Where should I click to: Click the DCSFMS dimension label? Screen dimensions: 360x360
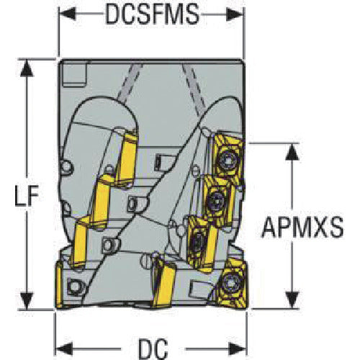(153, 14)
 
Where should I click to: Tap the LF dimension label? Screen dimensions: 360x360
(27, 196)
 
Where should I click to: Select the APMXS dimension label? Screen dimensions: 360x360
(302, 227)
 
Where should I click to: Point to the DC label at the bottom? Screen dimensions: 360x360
(153, 348)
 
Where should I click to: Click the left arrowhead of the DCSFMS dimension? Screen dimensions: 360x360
(68, 14)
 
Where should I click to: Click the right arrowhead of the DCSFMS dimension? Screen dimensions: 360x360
(235, 14)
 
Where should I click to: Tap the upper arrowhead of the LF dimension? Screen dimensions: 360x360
(27, 68)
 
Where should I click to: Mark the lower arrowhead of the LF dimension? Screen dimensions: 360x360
(27, 300)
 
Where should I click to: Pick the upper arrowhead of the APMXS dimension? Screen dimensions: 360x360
(292, 152)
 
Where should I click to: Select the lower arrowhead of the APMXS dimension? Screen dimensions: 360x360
(292, 300)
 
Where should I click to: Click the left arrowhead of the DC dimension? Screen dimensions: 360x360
(64, 348)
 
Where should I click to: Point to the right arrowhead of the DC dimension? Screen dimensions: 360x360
(238, 348)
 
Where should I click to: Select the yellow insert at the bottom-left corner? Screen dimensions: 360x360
(60, 285)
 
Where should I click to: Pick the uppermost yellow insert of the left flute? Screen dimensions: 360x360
(127, 160)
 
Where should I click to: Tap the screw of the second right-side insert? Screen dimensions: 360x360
(217, 199)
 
